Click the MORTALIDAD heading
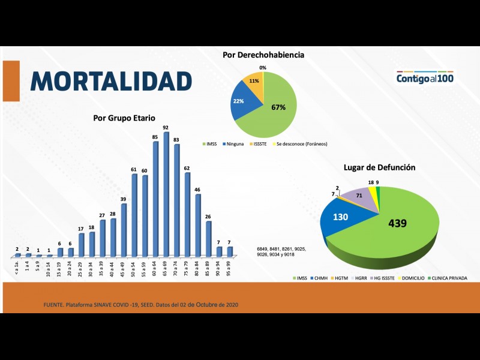[x=112, y=81]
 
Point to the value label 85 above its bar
[x=155, y=137]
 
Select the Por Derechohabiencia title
[x=263, y=55]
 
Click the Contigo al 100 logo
[x=425, y=78]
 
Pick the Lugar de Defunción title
[x=379, y=167]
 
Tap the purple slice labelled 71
[x=359, y=197]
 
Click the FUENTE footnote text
[x=141, y=306]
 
